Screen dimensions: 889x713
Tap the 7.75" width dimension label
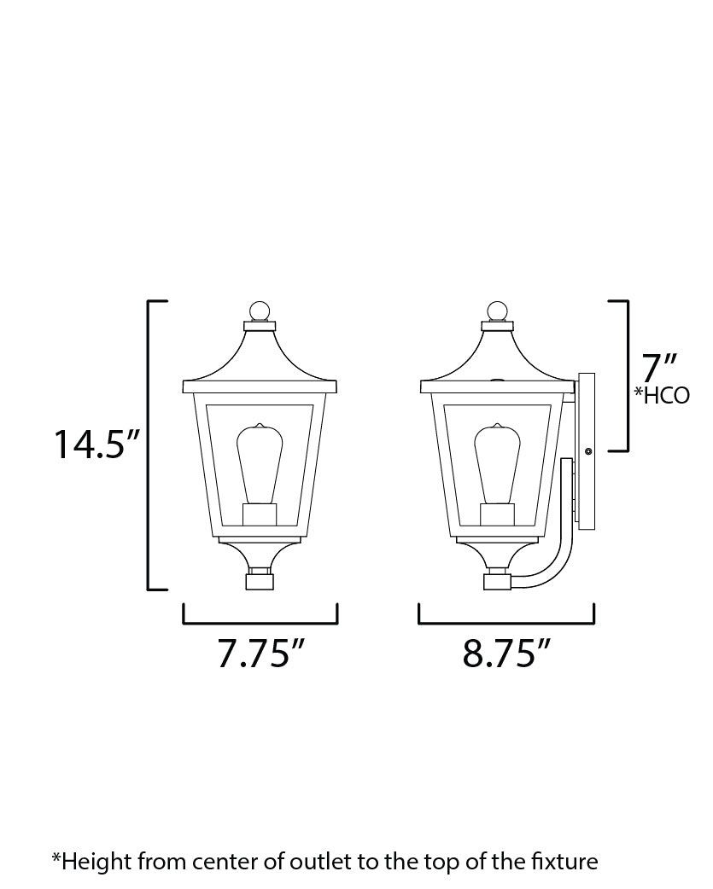point(261,654)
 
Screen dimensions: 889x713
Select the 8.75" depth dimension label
point(506,654)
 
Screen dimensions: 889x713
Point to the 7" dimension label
point(658,368)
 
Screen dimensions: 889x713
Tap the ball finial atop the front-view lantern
point(260,310)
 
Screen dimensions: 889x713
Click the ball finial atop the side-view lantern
point(498,310)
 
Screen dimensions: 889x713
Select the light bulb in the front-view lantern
point(260,465)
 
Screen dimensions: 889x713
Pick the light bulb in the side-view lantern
point(498,465)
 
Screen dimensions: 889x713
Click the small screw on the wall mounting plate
point(587,449)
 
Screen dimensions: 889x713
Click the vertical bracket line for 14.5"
point(150,444)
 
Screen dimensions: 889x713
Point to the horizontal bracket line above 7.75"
point(260,624)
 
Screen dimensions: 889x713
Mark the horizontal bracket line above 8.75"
point(506,624)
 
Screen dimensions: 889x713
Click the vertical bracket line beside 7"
point(628,375)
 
